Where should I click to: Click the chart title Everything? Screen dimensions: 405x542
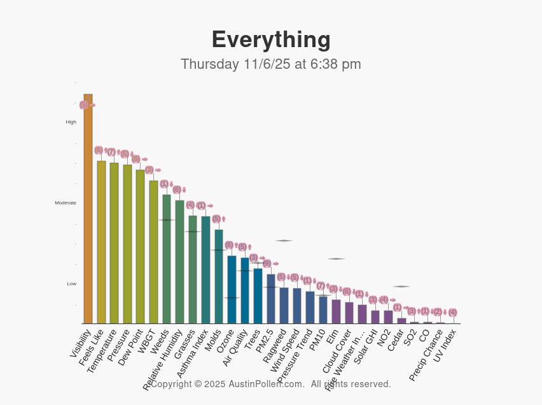coord(271,39)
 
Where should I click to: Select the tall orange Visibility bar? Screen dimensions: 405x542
coord(88,210)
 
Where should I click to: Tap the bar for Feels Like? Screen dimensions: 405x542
coord(101,242)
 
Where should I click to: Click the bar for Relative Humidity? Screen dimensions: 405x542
coord(179,262)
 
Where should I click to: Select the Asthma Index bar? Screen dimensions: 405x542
coord(205,270)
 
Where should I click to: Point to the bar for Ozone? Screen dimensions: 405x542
coord(232,290)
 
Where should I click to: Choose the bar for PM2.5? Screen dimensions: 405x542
coord(271,299)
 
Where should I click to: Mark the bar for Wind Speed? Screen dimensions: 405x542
coord(297,306)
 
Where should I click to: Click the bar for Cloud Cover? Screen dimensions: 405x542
coord(349,313)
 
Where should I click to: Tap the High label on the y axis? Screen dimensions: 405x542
coord(71,122)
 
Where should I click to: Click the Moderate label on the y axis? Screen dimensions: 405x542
coord(66,202)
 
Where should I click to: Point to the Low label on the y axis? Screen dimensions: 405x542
coord(72,283)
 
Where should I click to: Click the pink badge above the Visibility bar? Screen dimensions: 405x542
coord(83,105)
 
